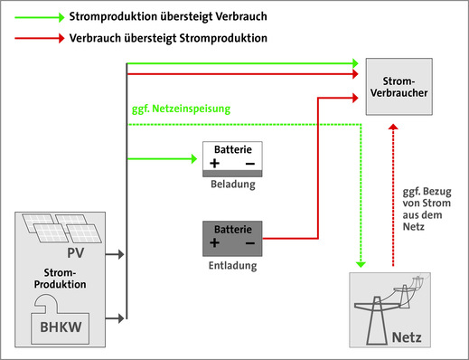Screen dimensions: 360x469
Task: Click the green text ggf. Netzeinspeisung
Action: [x=180, y=109]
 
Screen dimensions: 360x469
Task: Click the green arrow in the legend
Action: [x=35, y=17]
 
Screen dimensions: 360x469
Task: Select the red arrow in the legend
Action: [x=35, y=39]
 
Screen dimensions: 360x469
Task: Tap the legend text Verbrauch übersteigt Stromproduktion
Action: [x=167, y=39]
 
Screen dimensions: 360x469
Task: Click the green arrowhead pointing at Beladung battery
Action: [x=192, y=159]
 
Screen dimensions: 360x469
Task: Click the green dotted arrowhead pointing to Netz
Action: [x=361, y=264]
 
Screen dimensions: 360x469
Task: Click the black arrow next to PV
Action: [x=115, y=255]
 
